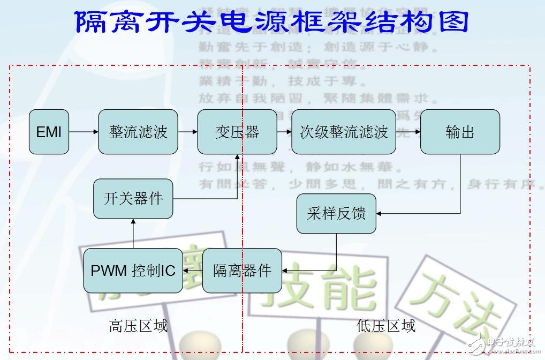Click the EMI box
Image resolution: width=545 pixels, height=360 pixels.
tap(49, 132)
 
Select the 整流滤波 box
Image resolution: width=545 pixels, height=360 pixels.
tap(138, 132)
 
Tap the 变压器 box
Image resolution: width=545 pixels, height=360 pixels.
tap(237, 132)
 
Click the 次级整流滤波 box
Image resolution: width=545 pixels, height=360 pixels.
tap(343, 132)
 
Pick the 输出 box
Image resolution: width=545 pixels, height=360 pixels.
tap(460, 132)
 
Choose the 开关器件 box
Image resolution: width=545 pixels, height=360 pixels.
tap(133, 199)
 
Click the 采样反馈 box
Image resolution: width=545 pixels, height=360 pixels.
tap(336, 214)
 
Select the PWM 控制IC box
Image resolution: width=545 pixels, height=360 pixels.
tap(133, 271)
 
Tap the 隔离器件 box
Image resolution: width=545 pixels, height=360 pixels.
tap(242, 271)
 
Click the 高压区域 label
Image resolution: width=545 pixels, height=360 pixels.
tap(138, 326)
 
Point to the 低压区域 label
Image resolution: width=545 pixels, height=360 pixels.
tap(386, 326)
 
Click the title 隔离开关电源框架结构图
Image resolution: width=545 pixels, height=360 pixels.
tap(272, 22)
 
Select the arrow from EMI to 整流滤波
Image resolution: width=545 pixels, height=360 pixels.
tap(84, 132)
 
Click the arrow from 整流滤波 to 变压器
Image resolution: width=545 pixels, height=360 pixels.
tap(187, 132)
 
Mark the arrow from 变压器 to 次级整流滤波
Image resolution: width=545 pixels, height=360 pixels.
tap(284, 132)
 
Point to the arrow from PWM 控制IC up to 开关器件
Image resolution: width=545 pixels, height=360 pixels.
tap(133, 234)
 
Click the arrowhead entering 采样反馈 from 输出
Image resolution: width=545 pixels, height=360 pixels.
tap(380, 214)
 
